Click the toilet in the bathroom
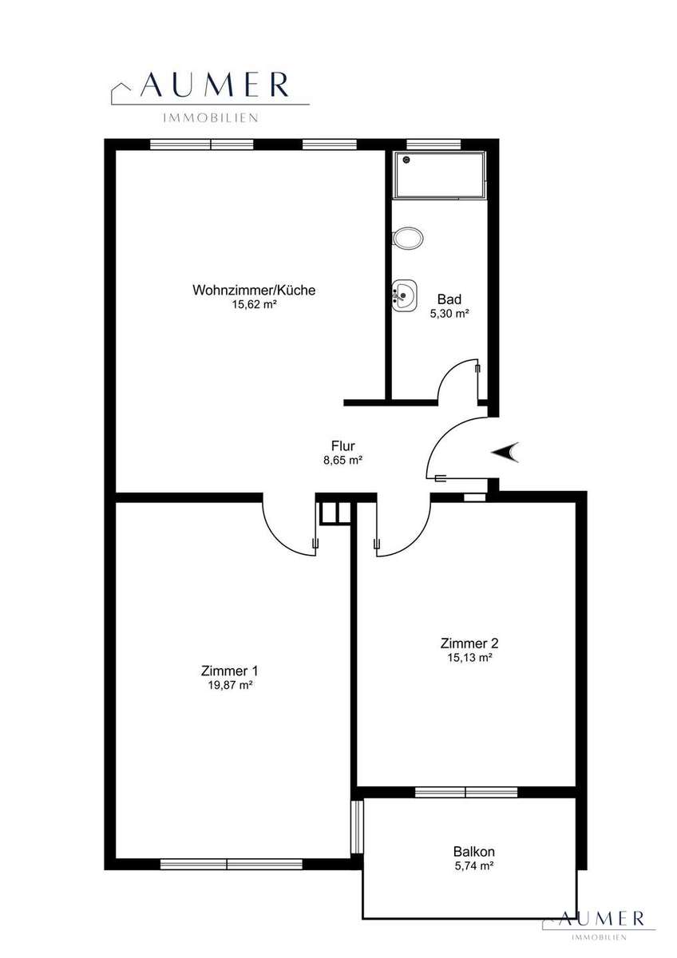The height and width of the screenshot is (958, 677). [x=408, y=237]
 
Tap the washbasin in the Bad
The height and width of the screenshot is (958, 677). [x=404, y=295]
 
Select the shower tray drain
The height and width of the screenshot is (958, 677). [x=406, y=160]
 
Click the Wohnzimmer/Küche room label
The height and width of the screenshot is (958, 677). [x=254, y=290]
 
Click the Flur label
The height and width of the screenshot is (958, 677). [x=343, y=446]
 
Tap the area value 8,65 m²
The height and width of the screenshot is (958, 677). [x=343, y=460]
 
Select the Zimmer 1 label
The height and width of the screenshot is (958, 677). [x=229, y=671]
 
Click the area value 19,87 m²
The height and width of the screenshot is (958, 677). [x=229, y=685]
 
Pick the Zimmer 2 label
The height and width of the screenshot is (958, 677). [x=469, y=643]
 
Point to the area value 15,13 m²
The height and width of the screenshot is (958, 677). [x=469, y=658]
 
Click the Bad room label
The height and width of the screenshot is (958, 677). [x=449, y=299]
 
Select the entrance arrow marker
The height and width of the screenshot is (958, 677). [x=505, y=453]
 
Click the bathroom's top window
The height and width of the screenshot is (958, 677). [x=434, y=144]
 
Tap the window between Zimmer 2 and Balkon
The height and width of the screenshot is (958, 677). [x=466, y=792]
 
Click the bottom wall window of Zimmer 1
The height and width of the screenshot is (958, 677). [x=231, y=865]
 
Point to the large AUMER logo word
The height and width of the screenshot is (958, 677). [x=215, y=85]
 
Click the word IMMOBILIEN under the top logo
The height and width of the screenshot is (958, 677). [x=211, y=118]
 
